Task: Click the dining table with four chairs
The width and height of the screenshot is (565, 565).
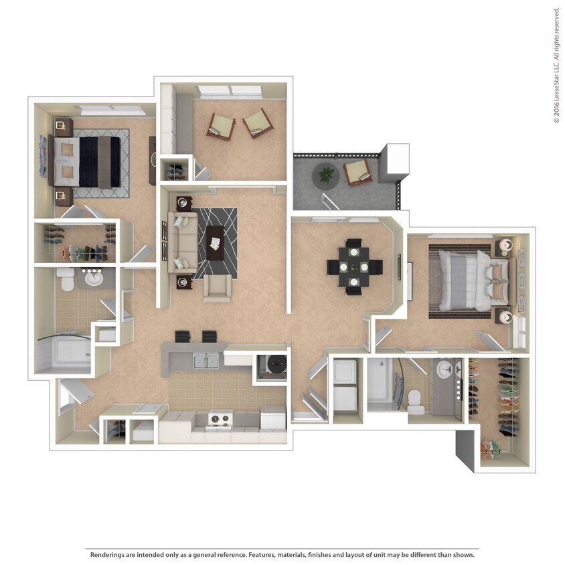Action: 354,266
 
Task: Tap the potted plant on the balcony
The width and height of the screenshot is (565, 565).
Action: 326,174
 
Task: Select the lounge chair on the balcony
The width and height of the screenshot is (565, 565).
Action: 359,172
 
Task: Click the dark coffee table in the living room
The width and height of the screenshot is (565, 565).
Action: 216,243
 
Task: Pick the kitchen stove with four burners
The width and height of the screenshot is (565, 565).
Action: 218,420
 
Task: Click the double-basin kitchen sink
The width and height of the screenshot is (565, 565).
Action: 204,362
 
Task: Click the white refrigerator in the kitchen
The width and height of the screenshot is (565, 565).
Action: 272,420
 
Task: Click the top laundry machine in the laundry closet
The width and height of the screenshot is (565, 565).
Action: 346,371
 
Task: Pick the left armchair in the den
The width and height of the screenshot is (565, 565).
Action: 220,125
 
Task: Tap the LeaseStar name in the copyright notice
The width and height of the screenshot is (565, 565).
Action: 556,80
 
